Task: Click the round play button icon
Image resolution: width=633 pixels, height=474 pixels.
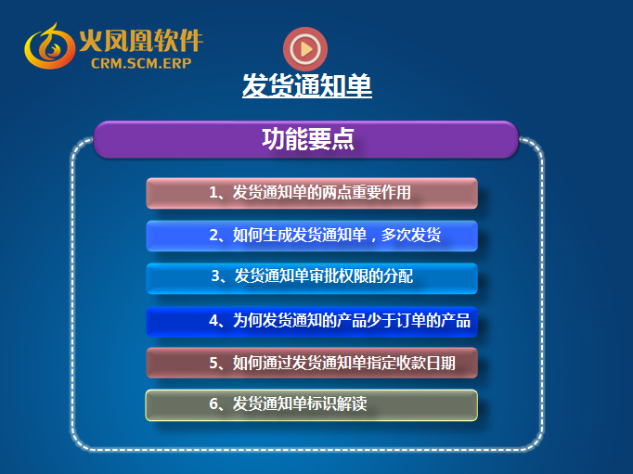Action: click(305, 49)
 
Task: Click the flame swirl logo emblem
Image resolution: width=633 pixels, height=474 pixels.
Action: click(49, 46)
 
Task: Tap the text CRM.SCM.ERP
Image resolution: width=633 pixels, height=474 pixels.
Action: click(141, 63)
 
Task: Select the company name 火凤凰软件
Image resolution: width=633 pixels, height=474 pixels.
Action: click(141, 40)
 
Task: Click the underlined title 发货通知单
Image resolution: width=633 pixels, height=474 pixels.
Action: click(307, 85)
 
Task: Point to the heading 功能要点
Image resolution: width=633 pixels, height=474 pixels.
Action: click(308, 139)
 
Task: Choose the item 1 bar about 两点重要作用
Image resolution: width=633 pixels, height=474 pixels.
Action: click(312, 193)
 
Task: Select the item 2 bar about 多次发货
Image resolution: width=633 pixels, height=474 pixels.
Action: click(312, 236)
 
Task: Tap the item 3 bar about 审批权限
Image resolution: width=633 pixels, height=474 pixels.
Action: click(312, 278)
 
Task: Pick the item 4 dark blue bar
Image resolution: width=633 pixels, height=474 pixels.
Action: click(312, 322)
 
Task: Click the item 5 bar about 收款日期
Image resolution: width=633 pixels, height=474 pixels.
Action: click(312, 363)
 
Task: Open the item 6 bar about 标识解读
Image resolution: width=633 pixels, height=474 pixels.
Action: click(312, 405)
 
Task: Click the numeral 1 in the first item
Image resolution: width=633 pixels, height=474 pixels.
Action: click(213, 192)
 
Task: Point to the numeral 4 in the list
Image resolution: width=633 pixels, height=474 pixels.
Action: click(213, 320)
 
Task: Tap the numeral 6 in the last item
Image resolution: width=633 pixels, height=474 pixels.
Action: click(213, 404)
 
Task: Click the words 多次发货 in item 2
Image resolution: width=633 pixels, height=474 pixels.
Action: click(411, 235)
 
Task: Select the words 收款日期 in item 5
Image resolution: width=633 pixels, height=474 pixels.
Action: click(425, 363)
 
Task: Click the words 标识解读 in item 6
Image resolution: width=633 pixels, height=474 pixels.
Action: click(337, 404)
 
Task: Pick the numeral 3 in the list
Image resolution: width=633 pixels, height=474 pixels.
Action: click(215, 275)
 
